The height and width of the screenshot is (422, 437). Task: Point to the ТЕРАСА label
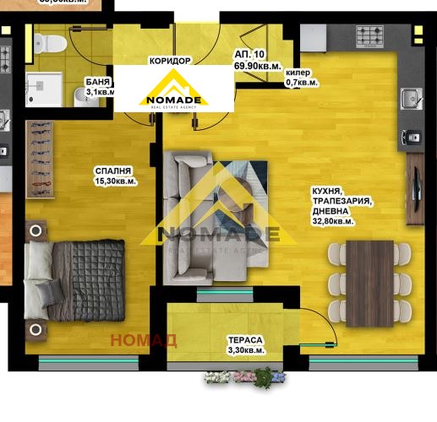[x=244, y=340]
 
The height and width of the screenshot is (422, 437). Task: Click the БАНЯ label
[x=95, y=81]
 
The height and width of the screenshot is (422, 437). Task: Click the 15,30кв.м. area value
[x=116, y=181]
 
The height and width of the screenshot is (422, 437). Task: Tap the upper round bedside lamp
[x=36, y=230]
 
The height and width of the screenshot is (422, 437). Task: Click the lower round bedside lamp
[x=36, y=329]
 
